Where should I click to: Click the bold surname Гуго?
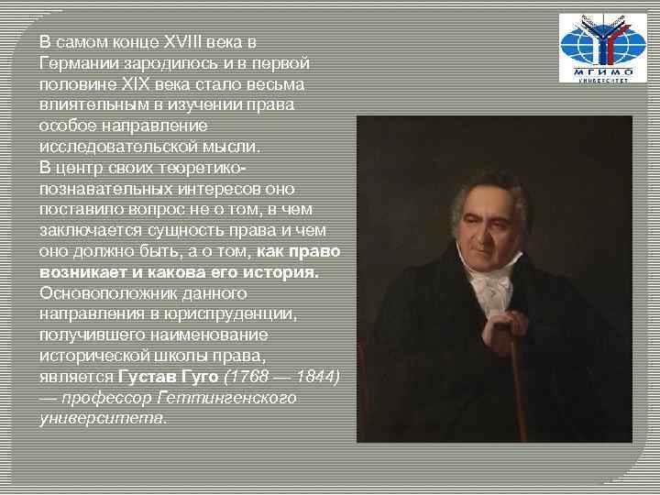click(x=200, y=377)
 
